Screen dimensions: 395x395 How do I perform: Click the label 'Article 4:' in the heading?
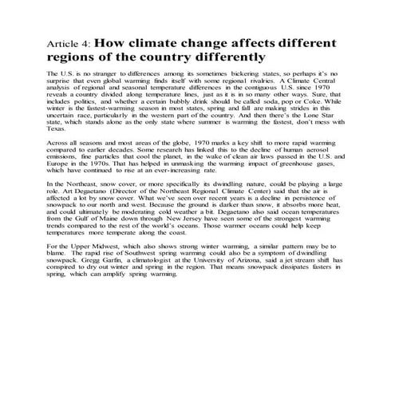(71, 44)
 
